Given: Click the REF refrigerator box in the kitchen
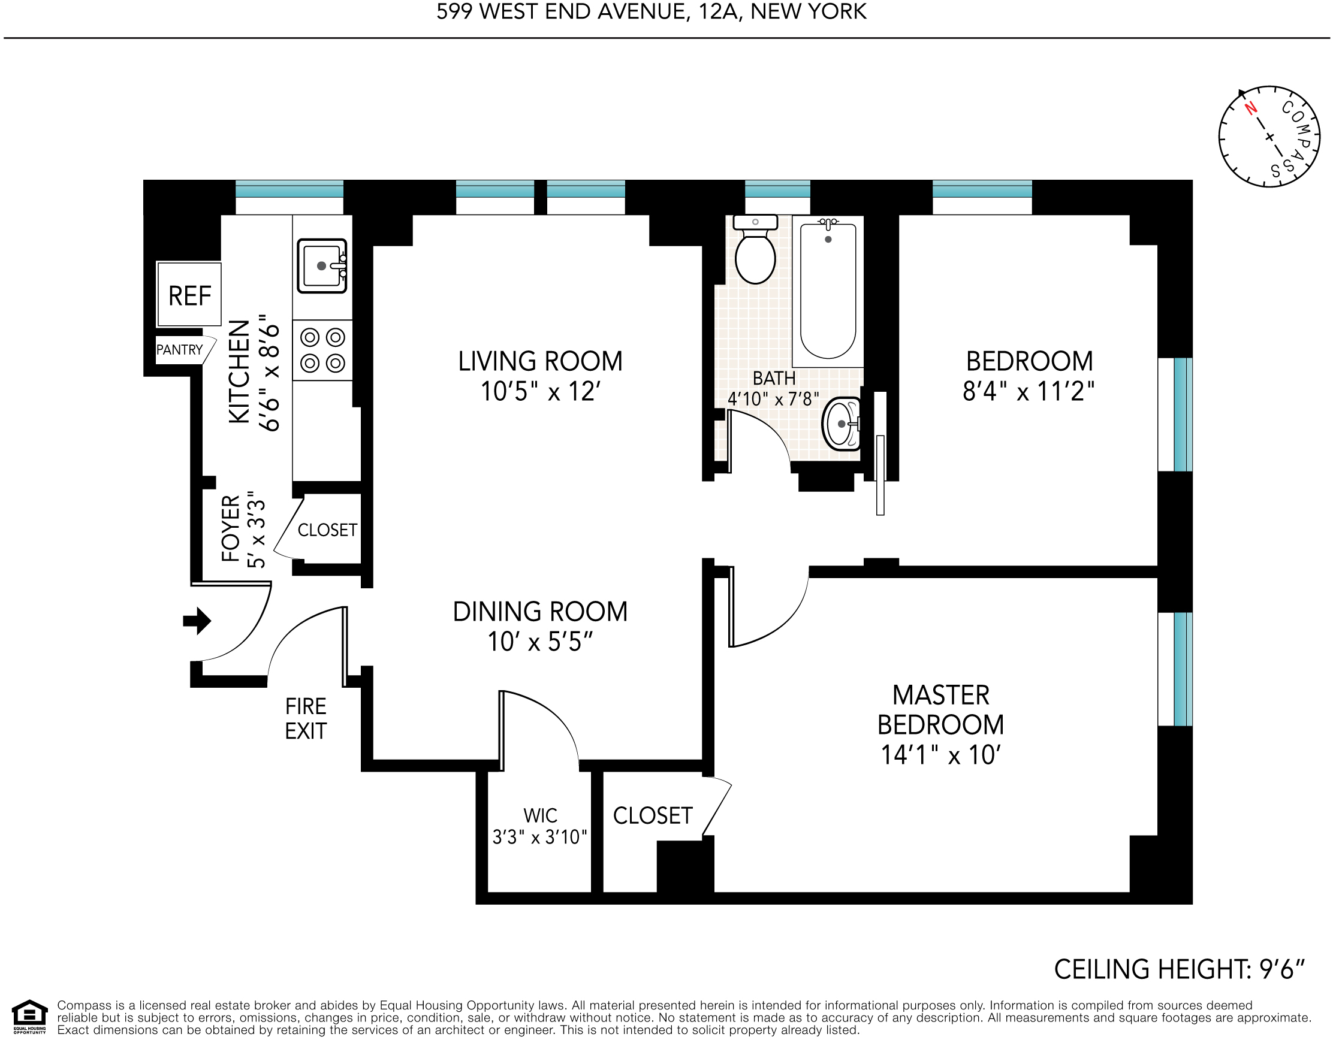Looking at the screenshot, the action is [189, 294].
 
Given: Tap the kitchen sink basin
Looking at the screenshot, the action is [322, 266].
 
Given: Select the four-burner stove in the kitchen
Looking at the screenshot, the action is [322, 350].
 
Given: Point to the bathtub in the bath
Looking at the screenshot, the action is [828, 291].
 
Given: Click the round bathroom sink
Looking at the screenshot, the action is [842, 424].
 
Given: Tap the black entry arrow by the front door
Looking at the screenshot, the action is [197, 621].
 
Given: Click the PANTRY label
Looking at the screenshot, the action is [179, 350].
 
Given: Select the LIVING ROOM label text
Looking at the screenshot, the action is [540, 361].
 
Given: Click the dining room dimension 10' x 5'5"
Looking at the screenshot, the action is [540, 642].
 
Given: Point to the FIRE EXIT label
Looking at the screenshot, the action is [306, 718].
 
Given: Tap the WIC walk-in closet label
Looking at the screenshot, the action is [540, 815].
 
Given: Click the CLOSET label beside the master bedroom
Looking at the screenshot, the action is [653, 815].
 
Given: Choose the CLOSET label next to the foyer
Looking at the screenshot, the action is [327, 530].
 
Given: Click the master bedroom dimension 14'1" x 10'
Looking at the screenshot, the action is [940, 755].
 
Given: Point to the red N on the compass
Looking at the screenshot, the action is [1251, 108].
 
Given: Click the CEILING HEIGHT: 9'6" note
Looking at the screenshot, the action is [1179, 970].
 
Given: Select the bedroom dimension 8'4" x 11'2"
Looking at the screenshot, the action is [1029, 392].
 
